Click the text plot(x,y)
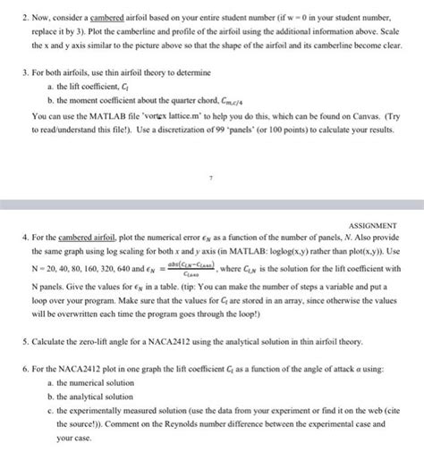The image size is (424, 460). tap(364, 254)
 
